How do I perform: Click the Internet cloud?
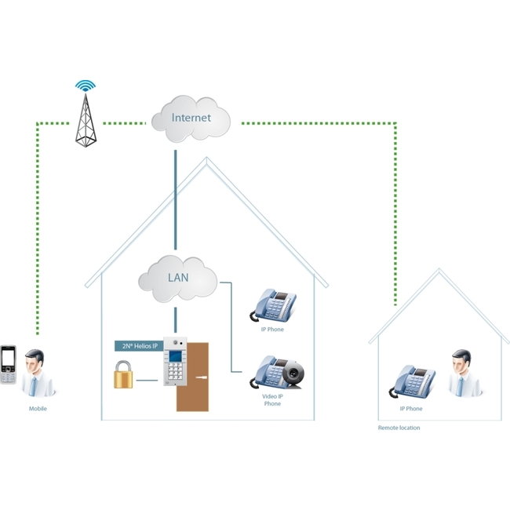[x=191, y=118]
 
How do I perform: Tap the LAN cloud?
[x=178, y=279]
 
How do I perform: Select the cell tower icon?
[x=86, y=120]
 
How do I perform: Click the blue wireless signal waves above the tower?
[x=86, y=86]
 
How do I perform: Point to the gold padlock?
[x=123, y=374]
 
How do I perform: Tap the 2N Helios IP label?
[x=139, y=346]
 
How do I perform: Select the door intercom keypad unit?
[x=175, y=362]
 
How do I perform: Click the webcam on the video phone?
[x=293, y=375]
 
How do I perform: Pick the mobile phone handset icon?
[x=8, y=365]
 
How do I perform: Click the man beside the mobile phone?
[x=38, y=373]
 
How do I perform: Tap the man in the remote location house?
[x=464, y=373]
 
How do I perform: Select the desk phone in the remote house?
[x=412, y=381]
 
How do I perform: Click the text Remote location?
[x=399, y=428]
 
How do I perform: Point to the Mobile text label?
[x=38, y=409]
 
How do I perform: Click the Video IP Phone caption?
[x=272, y=400]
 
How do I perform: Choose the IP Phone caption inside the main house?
[x=272, y=330]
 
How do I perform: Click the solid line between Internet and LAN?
[x=176, y=200]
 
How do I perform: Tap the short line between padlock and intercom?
[x=147, y=381]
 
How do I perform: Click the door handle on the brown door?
[x=202, y=377]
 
